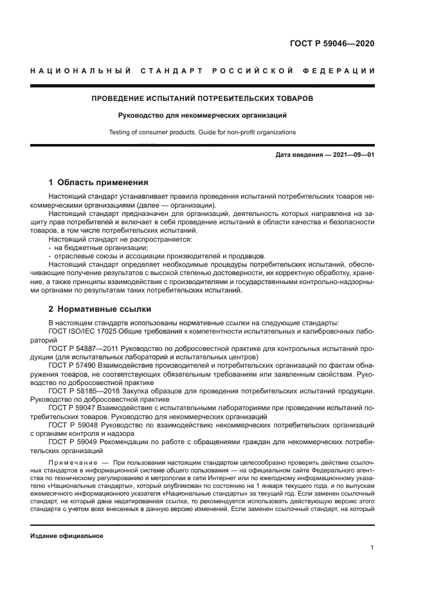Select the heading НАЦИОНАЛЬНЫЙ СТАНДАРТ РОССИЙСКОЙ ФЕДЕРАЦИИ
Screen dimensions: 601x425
tap(203, 70)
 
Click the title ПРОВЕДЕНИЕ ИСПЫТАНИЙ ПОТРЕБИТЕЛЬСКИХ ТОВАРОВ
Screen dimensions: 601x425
tap(202, 99)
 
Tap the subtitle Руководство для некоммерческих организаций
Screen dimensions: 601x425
tap(202, 116)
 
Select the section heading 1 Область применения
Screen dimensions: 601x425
tap(98, 182)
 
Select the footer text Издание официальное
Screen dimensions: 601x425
tap(67, 535)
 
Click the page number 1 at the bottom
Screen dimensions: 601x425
tap(372, 547)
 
